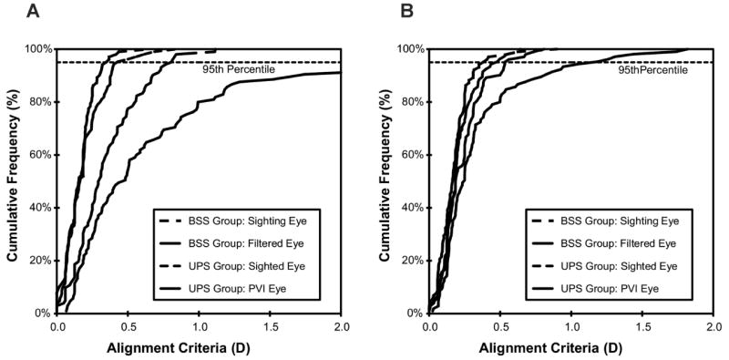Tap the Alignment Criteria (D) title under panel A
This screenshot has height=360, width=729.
pyautogui.click(x=199, y=347)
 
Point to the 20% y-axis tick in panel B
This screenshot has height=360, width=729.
pyautogui.click(x=412, y=260)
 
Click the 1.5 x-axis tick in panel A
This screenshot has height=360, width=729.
pyautogui.click(x=270, y=324)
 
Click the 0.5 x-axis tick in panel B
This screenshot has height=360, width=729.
pyautogui.click(x=500, y=324)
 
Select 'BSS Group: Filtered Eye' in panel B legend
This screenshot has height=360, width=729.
pyautogui.click(x=625, y=243)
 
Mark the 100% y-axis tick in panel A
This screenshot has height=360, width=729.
pyautogui.click(x=37, y=48)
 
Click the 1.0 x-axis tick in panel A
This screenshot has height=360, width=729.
pyautogui.click(x=199, y=324)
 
